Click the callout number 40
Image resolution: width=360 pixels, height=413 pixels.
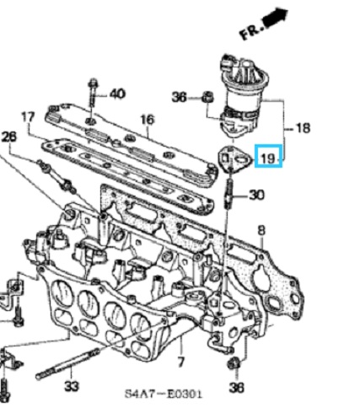[117, 94]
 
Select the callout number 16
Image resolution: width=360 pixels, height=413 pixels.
[148, 120]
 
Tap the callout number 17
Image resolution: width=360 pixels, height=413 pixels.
[28, 117]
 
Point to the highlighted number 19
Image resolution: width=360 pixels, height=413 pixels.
[268, 158]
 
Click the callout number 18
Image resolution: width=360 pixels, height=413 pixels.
[303, 128]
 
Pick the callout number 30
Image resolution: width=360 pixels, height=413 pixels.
[257, 195]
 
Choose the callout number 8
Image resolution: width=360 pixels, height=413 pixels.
[261, 231]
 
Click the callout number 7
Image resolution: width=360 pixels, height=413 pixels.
[181, 362]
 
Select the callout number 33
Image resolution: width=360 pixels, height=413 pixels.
[72, 387]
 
